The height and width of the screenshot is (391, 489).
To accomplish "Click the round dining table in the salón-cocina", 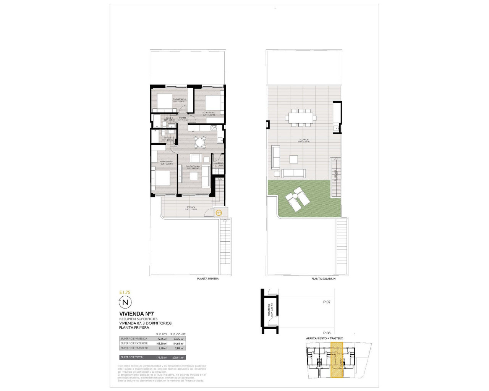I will pyautogui.click(x=199, y=142).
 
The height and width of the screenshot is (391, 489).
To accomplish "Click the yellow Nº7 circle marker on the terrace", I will pyautogui.click(x=219, y=213).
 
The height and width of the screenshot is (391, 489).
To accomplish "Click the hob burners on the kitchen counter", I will pyautogui.click(x=213, y=128).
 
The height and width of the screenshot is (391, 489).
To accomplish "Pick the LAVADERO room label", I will pyautogui.click(x=218, y=164).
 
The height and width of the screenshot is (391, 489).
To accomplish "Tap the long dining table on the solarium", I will pyautogui.click(x=301, y=118).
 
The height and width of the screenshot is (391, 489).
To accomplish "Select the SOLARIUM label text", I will pyautogui.click(x=304, y=140).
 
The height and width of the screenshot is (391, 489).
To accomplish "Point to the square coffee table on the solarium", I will pyautogui.click(x=294, y=159).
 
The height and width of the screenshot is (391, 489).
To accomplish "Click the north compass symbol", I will pyautogui.click(x=125, y=303).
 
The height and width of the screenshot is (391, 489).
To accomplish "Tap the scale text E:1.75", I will pyautogui.click(x=125, y=292).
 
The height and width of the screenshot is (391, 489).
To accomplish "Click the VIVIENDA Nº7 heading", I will pyautogui.click(x=136, y=314).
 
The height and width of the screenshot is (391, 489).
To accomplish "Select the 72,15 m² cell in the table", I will pyautogui.click(x=162, y=339).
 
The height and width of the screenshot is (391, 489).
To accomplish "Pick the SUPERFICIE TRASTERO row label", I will pyautogui.click(x=134, y=348).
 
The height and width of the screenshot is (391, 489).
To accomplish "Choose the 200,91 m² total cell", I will pyautogui.click(x=178, y=357).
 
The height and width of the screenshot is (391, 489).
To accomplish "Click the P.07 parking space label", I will pyautogui.click(x=327, y=302).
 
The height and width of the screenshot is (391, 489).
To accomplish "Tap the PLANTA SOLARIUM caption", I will pyautogui.click(x=323, y=279).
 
